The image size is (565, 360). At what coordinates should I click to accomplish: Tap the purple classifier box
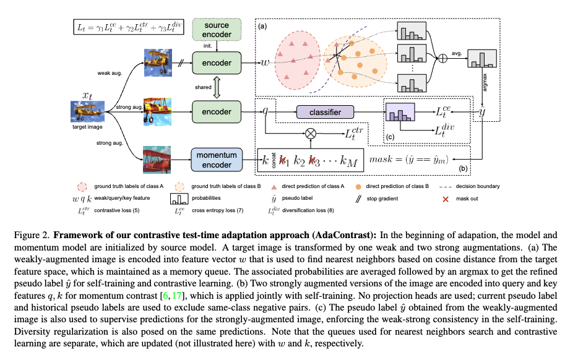[x=326, y=111]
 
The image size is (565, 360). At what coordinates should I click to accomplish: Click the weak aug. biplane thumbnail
[x=162, y=63]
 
